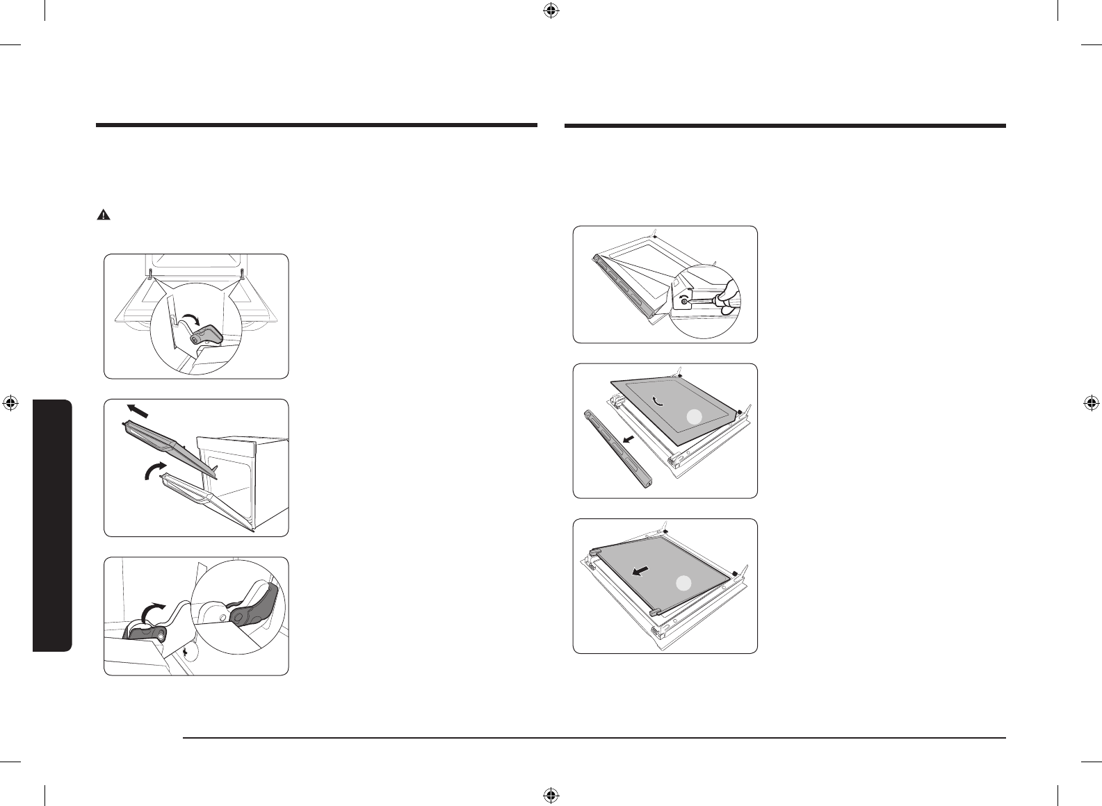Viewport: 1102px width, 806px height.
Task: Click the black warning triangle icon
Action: point(103,215)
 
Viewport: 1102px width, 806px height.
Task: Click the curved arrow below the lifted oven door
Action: point(153,470)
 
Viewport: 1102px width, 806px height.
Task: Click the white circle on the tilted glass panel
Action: point(693,417)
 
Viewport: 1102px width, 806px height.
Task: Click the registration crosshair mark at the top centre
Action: point(551,11)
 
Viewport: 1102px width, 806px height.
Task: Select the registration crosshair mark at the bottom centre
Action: point(551,795)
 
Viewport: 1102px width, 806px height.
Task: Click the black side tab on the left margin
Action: point(52,525)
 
